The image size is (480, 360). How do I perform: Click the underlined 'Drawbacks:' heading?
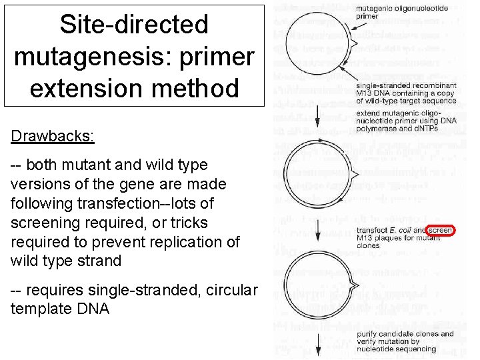[53, 136]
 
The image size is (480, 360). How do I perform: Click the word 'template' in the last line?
[40, 309]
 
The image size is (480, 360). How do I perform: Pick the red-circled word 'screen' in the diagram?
[441, 231]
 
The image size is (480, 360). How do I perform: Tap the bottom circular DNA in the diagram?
[309, 279]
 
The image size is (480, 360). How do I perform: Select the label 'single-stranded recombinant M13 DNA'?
[407, 93]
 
